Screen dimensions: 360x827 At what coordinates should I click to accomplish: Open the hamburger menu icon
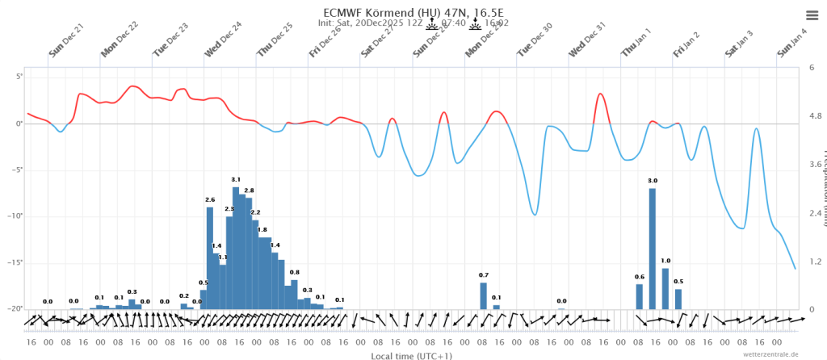tap(812, 15)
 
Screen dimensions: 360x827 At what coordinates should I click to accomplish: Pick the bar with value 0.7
tap(484, 295)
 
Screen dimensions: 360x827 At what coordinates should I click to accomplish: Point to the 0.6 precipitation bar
tap(640, 296)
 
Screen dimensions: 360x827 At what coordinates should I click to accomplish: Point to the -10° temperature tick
tap(14, 216)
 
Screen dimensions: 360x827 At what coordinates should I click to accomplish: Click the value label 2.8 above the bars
tap(249, 190)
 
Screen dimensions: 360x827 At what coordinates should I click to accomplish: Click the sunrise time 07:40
tap(452, 23)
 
